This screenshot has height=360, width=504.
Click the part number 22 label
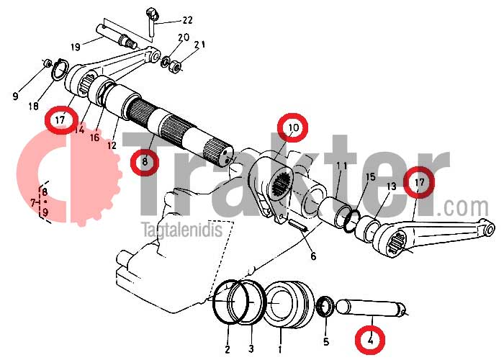pyautogui.click(x=187, y=20)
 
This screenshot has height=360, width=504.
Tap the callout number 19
pyautogui.click(x=75, y=48)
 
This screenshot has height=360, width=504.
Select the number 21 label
pyautogui.click(x=200, y=45)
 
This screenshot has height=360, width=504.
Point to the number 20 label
pyautogui.click(x=184, y=37)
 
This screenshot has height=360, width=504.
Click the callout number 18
pyautogui.click(x=33, y=106)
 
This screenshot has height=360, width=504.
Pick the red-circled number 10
pyautogui.click(x=293, y=127)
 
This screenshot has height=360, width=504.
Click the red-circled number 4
pyautogui.click(x=372, y=340)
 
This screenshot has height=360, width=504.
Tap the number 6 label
pyautogui.click(x=313, y=256)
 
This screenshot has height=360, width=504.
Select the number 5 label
pyautogui.click(x=326, y=342)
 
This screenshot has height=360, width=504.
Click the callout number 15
pyautogui.click(x=371, y=176)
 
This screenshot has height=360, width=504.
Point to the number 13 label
pyautogui.click(x=392, y=186)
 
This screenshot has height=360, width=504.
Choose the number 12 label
pyautogui.click(x=112, y=145)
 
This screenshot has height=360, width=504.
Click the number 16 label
pyautogui.click(x=94, y=138)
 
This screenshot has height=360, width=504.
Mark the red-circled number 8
pyautogui.click(x=145, y=161)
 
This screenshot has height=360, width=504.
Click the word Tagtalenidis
pyautogui.click(x=183, y=230)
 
